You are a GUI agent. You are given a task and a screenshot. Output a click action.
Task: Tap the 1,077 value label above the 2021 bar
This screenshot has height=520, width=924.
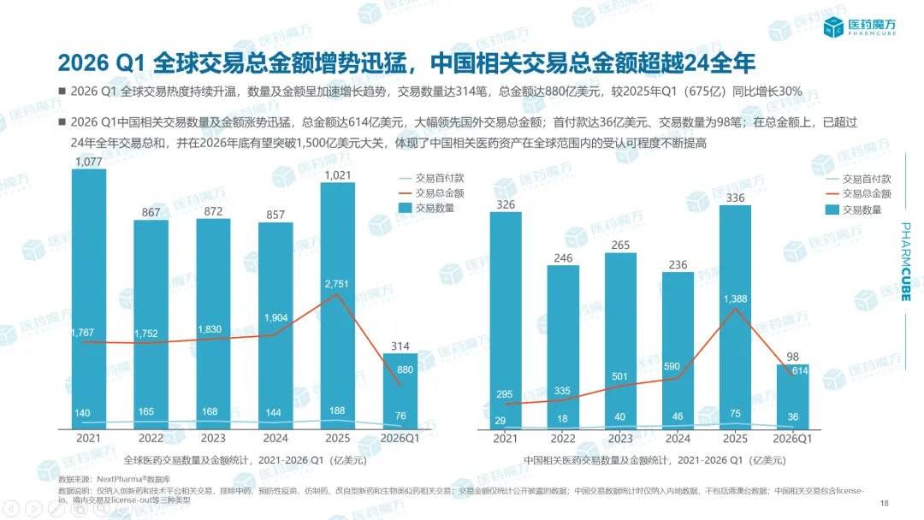tap(89, 162)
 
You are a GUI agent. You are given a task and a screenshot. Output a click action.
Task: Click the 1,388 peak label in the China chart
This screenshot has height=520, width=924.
tap(736, 298)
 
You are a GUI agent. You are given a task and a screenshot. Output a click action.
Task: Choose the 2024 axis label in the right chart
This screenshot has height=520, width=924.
tap(678, 439)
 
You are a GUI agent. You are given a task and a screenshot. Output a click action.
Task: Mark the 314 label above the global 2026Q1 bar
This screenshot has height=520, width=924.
tap(400, 346)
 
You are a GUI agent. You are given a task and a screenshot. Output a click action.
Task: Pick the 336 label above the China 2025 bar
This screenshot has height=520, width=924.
tap(734, 198)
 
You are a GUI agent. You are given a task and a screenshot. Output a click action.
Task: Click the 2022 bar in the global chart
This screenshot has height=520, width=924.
tap(151, 325)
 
